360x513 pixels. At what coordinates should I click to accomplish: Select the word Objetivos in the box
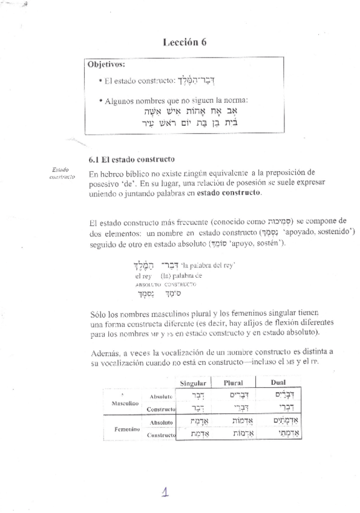(x=106, y=64)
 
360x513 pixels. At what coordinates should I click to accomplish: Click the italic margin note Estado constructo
(x=62, y=174)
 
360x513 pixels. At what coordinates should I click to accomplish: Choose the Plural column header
(x=234, y=384)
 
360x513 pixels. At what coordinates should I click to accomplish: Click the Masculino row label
(x=125, y=402)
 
